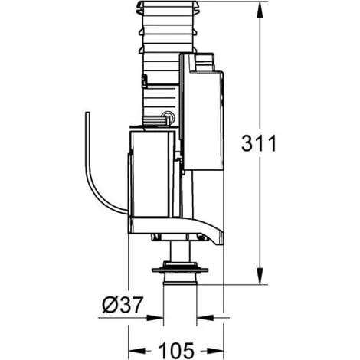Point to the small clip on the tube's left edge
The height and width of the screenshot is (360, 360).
142,80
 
